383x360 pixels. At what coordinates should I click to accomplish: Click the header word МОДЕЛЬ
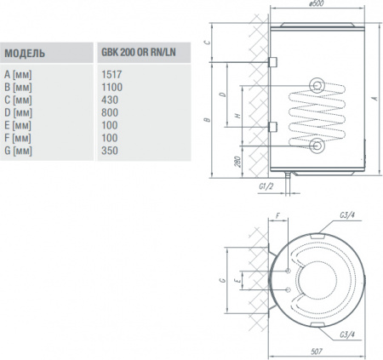click(26, 54)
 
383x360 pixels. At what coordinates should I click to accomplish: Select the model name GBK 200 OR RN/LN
click(137, 54)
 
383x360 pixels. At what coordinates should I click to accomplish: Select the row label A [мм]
click(19, 73)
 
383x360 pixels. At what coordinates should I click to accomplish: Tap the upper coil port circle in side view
click(317, 85)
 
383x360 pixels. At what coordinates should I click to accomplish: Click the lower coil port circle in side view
click(317, 146)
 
